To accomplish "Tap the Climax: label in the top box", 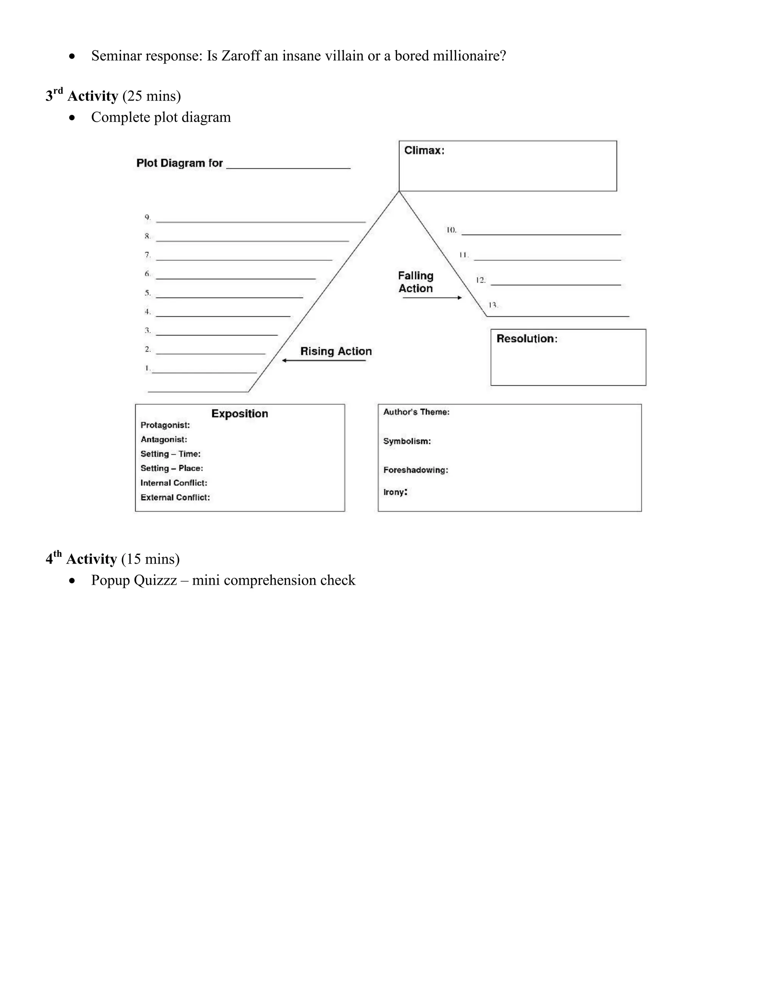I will point(424,151).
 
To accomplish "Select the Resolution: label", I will point(527,339).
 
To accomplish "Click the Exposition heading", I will point(240,414).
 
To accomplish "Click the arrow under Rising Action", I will point(324,360).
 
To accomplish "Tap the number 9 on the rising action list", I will point(147,217).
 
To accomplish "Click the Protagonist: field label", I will point(165,425).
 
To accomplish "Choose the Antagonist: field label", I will point(164,439).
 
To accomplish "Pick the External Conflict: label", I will point(175,497).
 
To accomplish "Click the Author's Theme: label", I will point(416,412).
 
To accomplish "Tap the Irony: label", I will point(395,492).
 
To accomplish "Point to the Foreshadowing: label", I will point(416,470).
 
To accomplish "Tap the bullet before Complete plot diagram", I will point(72,118).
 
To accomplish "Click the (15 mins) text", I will point(150,559).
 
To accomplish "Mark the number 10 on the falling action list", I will point(451,230).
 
